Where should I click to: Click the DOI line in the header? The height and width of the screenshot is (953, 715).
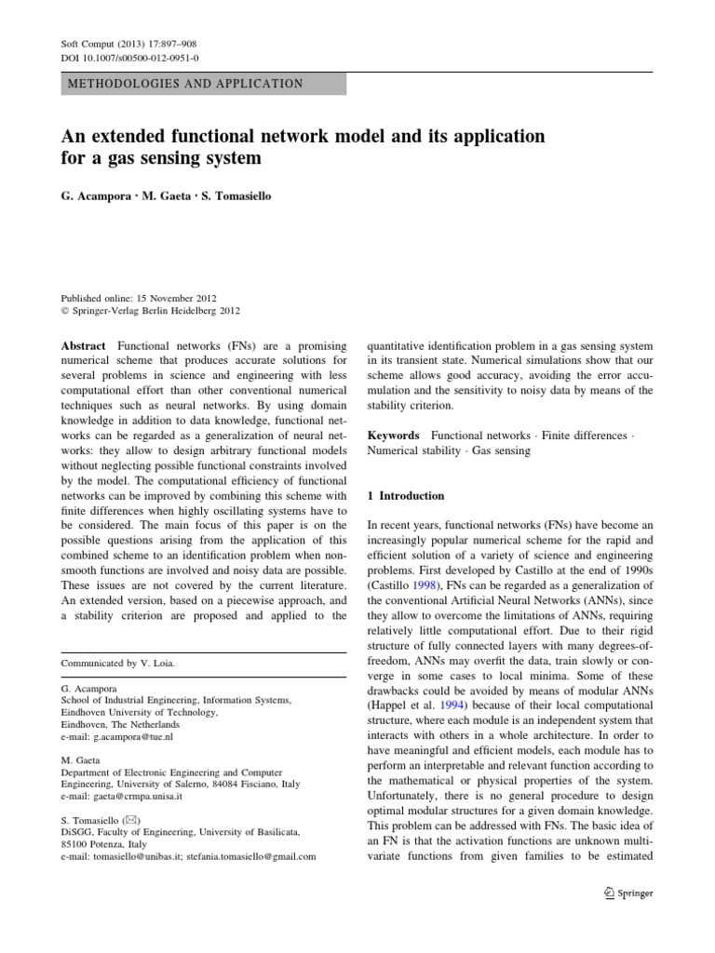[129, 58]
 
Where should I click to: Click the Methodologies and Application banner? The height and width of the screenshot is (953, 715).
[204, 84]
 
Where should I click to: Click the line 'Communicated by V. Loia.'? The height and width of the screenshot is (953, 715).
[116, 664]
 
